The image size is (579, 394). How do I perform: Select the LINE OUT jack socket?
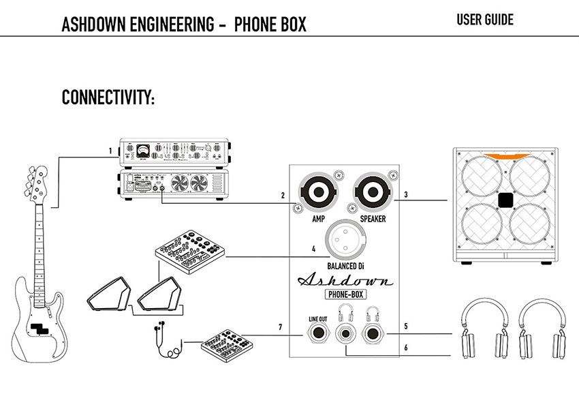click(x=319, y=334)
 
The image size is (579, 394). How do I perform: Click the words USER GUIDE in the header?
click(x=485, y=20)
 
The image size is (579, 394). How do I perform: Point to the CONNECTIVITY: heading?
click(x=108, y=97)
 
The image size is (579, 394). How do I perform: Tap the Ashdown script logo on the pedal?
click(x=345, y=279)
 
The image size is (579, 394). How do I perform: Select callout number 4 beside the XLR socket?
click(x=313, y=249)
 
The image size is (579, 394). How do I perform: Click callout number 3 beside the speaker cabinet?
click(x=405, y=195)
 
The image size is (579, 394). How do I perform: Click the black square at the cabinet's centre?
click(x=505, y=200)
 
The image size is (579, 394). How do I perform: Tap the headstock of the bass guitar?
click(x=35, y=177)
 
